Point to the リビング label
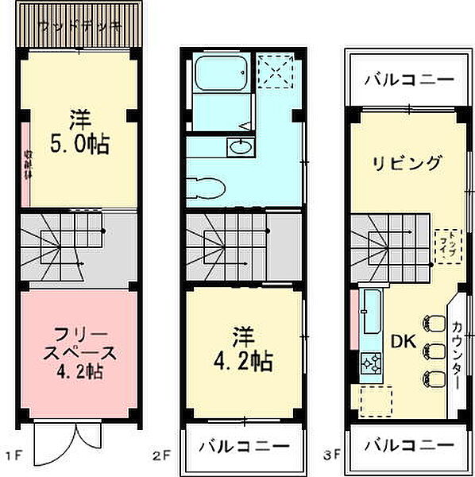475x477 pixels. point(407,164)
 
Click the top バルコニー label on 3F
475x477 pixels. point(410,80)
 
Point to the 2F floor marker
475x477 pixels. point(162,456)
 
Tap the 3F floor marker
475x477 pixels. point(332,456)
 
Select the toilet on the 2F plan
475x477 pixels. point(208,188)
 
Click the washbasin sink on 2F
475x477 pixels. point(238,145)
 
